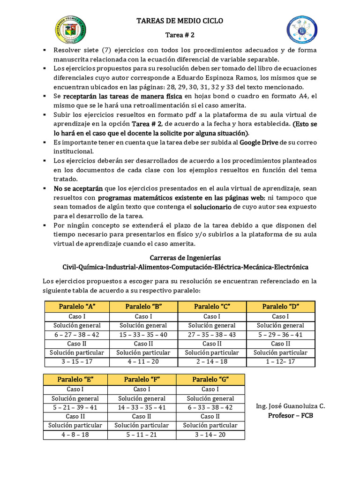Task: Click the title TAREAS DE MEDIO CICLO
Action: pyautogui.click(x=180, y=21)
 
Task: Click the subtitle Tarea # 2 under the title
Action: pyautogui.click(x=180, y=35)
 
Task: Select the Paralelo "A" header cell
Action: pyautogui.click(x=77, y=307)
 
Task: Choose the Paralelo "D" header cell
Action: pyautogui.click(x=280, y=307)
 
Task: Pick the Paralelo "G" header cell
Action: pyautogui.click(x=210, y=379)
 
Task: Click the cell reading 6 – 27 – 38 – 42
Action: pyautogui.click(x=77, y=335)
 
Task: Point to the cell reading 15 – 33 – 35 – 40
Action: pyautogui.click(x=143, y=335)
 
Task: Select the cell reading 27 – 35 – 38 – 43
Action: pyautogui.click(x=212, y=335)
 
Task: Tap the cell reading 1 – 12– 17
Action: pyautogui.click(x=280, y=362)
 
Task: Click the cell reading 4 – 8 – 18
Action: pyautogui.click(x=75, y=435)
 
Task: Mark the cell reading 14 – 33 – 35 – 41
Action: pyautogui.click(x=142, y=407)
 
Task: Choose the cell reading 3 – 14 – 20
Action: pyautogui.click(x=210, y=435)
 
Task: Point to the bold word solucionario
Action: pyautogui.click(x=213, y=207)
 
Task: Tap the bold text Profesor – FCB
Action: pyautogui.click(x=291, y=415)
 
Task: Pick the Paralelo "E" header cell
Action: pyautogui.click(x=75, y=379)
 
